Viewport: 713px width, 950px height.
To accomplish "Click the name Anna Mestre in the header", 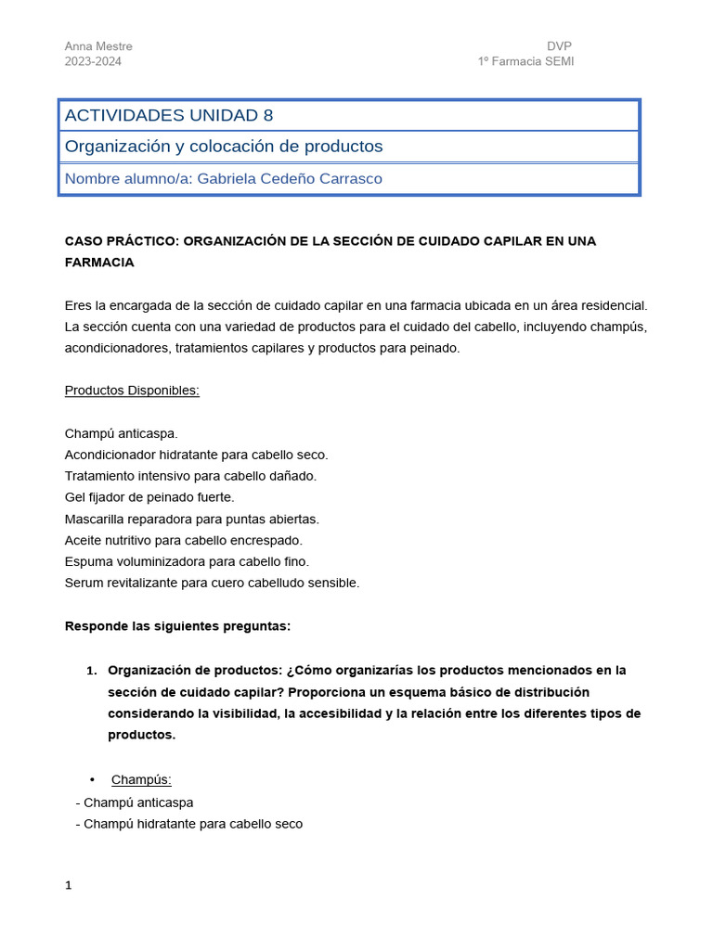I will coord(98,46).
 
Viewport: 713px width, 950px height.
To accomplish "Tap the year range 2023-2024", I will coord(93,61).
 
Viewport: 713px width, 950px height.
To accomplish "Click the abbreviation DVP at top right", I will coord(560,46).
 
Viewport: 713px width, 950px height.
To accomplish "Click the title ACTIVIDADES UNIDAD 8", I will coord(169,115).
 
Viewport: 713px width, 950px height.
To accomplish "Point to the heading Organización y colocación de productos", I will coord(223,147).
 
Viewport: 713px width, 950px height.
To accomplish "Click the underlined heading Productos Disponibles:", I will coord(132,391).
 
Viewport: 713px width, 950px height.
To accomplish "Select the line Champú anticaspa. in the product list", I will coord(121,433).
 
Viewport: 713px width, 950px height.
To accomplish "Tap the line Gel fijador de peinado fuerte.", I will coord(149,497).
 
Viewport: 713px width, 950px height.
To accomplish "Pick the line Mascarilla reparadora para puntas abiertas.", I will coord(192,519).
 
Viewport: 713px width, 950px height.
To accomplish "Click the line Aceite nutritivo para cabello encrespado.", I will coord(184,540).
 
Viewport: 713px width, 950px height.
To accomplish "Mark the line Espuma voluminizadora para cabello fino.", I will coord(187,561).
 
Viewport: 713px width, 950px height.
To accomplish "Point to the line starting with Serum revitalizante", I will coord(212,583).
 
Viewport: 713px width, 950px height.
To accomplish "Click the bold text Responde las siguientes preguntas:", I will coord(177,626).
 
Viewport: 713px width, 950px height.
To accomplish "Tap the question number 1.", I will coord(91,670).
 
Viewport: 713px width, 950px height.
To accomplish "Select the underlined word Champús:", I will coord(141,779).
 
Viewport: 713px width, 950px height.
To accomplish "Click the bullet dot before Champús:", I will coord(92,779).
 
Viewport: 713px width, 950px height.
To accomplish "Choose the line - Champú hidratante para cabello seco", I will coord(189,824).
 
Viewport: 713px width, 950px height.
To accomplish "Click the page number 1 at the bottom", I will coord(68,886).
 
